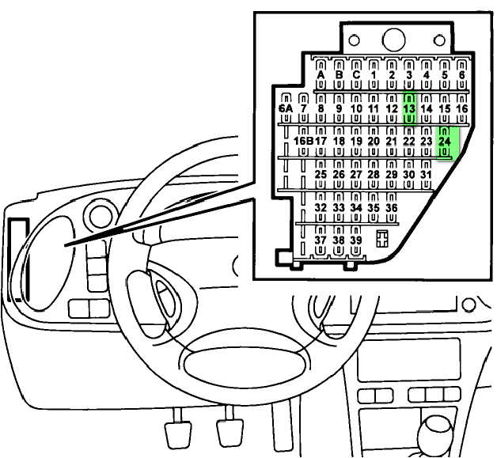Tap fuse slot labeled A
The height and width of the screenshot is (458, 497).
tap(321, 75)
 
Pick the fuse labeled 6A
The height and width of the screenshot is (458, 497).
tap(286, 108)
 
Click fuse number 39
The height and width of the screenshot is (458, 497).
tap(356, 239)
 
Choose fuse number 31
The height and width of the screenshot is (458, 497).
tap(426, 173)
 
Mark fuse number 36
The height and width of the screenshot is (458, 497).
tap(391, 206)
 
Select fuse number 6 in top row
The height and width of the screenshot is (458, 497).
tap(462, 75)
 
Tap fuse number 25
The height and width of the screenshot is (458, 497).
tap(321, 173)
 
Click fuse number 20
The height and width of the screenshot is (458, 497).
tap(374, 141)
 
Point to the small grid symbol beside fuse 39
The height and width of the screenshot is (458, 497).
tap(382, 237)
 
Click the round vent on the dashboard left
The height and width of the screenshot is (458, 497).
tap(99, 216)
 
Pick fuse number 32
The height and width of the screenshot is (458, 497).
tap(321, 206)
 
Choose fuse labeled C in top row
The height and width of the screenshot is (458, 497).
tap(356, 75)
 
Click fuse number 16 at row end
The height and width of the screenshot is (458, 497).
tap(462, 108)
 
